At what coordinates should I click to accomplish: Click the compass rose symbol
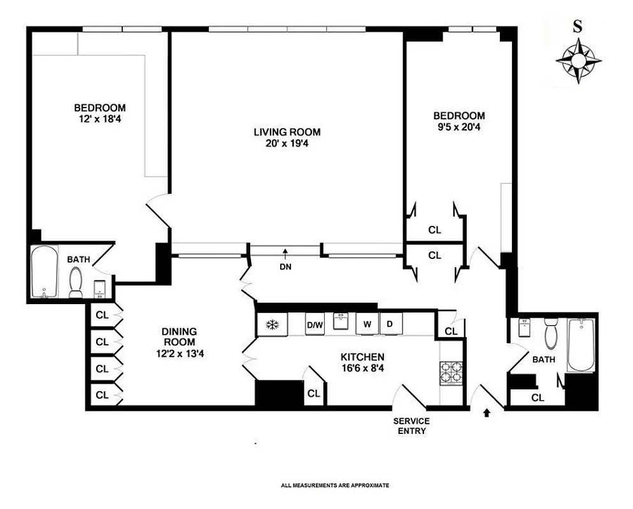click(x=578, y=60)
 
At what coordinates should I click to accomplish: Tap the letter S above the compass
click(x=578, y=27)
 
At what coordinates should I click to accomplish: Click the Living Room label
click(x=287, y=132)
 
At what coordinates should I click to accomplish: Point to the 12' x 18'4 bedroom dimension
click(x=99, y=118)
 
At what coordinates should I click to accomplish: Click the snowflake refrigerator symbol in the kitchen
click(x=273, y=325)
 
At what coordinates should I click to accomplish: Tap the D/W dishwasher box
click(x=315, y=325)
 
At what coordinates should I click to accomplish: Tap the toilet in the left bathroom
click(x=76, y=282)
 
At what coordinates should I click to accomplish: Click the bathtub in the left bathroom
click(x=44, y=272)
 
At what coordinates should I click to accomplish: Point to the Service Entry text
click(x=411, y=426)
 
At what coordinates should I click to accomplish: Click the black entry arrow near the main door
click(x=487, y=413)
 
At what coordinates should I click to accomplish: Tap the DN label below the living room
click(x=285, y=267)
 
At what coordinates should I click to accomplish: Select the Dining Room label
click(x=179, y=337)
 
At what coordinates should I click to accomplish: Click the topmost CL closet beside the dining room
click(x=101, y=314)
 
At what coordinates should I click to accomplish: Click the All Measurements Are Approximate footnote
click(x=334, y=485)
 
